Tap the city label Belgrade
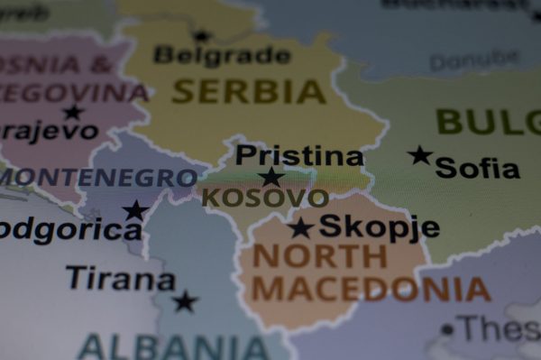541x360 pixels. point(222,56)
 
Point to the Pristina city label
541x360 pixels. point(299,156)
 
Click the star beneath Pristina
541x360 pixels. point(270,177)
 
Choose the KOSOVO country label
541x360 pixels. point(264,198)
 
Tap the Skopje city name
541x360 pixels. point(379,226)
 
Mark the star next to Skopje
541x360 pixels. point(300,227)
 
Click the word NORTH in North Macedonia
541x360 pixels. point(319,257)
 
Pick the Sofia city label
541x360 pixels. point(477,168)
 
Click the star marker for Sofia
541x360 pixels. point(419,155)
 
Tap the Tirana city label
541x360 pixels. point(120,279)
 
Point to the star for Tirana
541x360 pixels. point(185,301)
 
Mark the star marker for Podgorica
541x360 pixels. point(135,211)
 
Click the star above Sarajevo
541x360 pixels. point(73,112)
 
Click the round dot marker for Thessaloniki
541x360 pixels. point(447,329)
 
